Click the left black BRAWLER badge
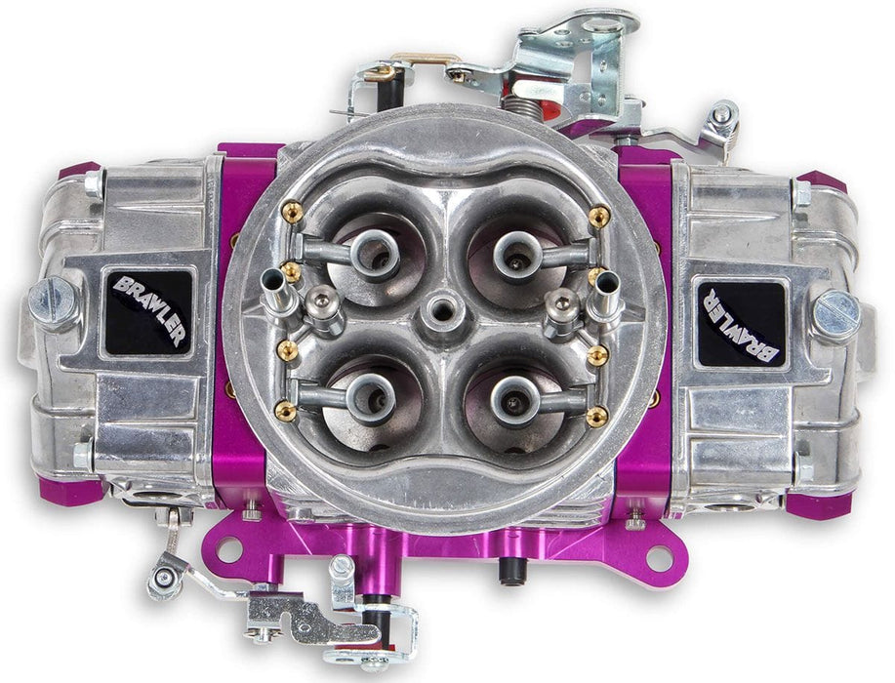(149, 309)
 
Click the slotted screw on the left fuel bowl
(53, 301)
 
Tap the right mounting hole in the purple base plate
(659, 559)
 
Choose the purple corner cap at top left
(79, 170)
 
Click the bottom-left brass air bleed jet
(287, 412)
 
